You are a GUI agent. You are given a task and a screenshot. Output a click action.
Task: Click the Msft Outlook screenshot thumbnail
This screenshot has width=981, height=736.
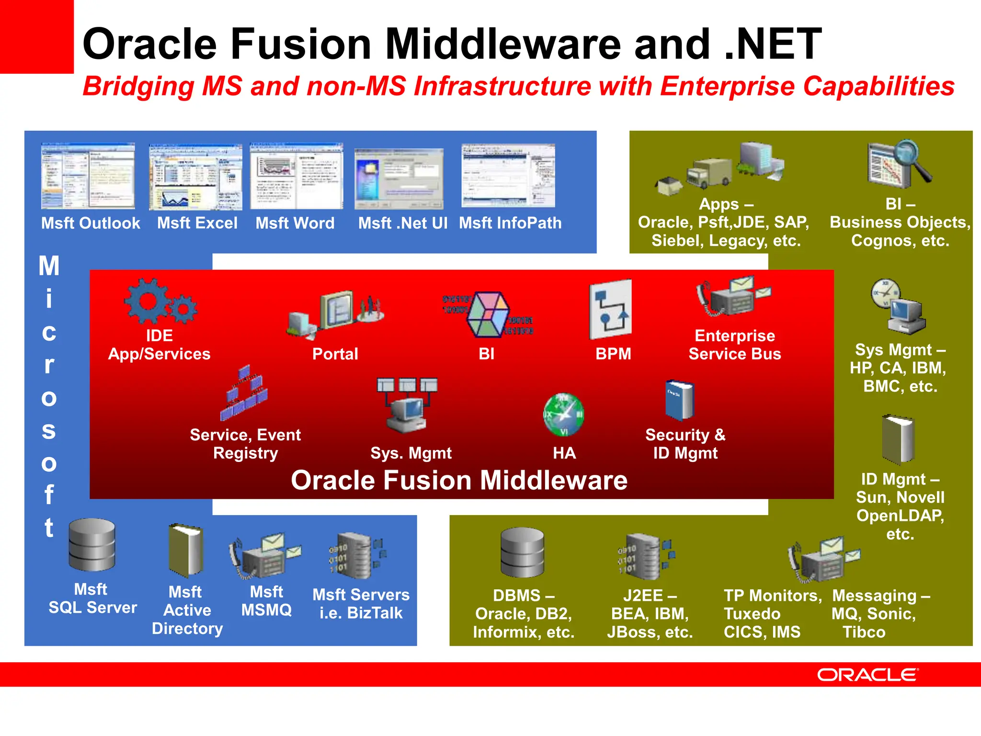pos(88,176)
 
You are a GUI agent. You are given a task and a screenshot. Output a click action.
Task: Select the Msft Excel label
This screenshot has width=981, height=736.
pos(197,223)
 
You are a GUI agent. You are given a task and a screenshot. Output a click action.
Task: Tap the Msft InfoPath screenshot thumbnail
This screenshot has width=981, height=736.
pos(508,176)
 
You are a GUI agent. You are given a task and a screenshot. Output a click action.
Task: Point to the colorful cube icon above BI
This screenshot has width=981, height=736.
pos(488,314)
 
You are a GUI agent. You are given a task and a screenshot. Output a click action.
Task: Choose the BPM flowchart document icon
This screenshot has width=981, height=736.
pos(610,310)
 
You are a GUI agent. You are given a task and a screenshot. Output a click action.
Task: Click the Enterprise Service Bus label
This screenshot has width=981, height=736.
pos(734,345)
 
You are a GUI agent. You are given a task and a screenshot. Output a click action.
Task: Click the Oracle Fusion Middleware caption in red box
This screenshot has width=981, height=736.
pos(459,480)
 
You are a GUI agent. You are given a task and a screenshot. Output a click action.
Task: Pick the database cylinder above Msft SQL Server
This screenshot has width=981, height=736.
pos(91,545)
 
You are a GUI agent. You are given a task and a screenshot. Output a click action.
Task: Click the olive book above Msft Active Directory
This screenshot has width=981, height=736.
pos(185,551)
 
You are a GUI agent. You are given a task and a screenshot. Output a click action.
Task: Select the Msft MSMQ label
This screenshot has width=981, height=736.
pos(266,601)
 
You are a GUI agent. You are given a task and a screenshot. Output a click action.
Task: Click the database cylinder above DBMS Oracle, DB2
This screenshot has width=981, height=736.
pos(522,552)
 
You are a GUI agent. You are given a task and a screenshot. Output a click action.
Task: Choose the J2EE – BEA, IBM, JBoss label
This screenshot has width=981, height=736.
pos(650,614)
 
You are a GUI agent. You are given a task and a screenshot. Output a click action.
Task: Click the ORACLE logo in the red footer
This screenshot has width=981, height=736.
pos(867,675)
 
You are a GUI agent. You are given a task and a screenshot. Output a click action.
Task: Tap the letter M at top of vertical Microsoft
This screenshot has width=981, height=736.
pos(49,266)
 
